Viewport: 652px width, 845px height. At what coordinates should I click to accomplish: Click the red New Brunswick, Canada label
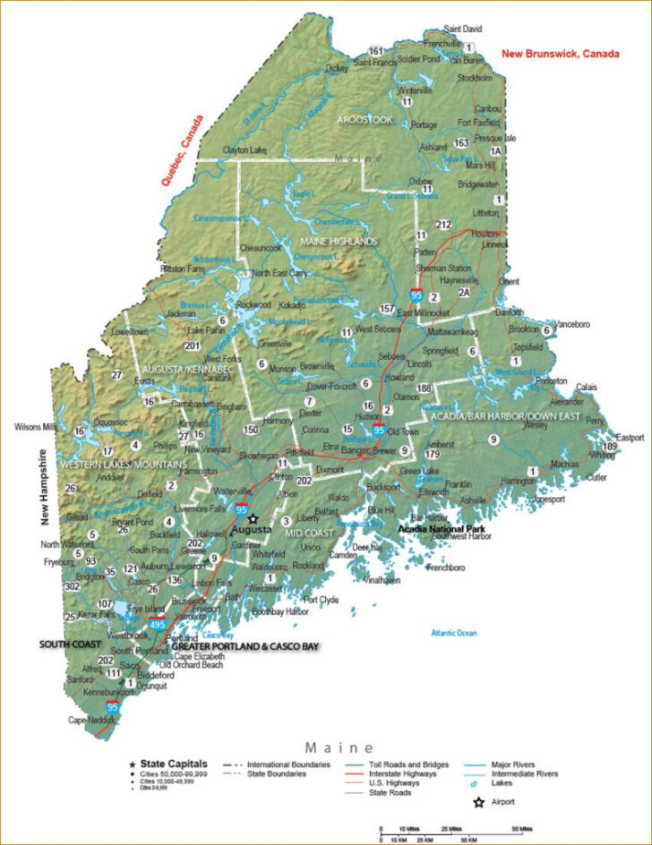(x=560, y=54)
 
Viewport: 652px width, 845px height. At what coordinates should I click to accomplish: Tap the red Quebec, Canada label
(x=182, y=149)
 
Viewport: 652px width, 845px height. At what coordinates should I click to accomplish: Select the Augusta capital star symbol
(x=253, y=518)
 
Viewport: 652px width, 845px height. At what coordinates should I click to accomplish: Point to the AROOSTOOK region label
(x=365, y=119)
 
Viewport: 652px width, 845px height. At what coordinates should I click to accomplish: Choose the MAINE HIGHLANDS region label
(x=339, y=242)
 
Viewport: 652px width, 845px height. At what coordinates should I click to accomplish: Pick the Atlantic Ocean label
(x=454, y=633)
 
